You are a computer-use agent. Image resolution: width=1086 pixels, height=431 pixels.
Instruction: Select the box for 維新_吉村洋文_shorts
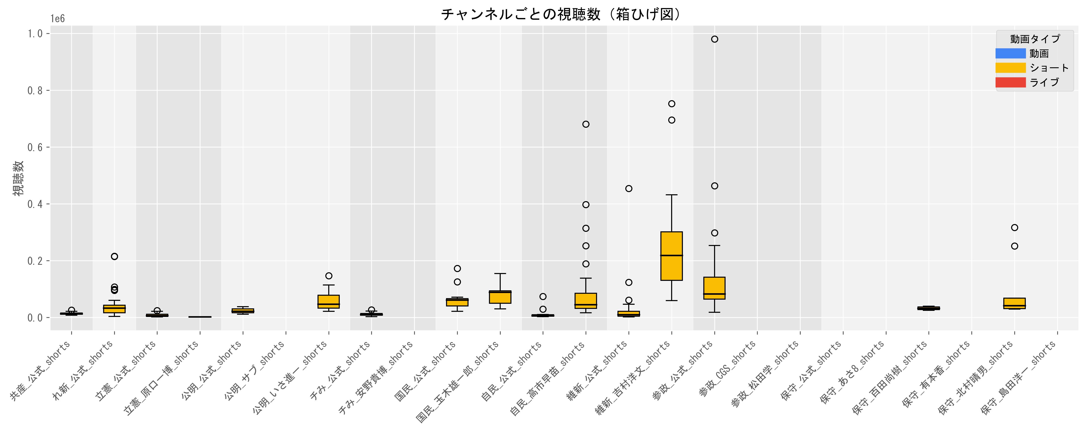[672, 256]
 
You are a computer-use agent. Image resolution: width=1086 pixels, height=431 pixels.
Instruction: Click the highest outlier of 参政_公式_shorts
[715, 39]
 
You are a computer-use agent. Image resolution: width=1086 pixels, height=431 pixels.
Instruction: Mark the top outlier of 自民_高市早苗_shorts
[586, 124]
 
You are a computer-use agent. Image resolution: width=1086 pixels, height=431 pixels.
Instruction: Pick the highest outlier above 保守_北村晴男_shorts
[1014, 227]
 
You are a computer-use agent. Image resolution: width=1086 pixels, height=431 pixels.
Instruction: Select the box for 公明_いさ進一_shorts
[329, 302]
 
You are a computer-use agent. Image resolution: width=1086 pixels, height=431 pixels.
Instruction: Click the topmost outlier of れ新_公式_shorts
[114, 256]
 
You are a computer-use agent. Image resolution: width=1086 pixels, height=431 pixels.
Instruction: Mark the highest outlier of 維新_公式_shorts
[628, 188]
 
